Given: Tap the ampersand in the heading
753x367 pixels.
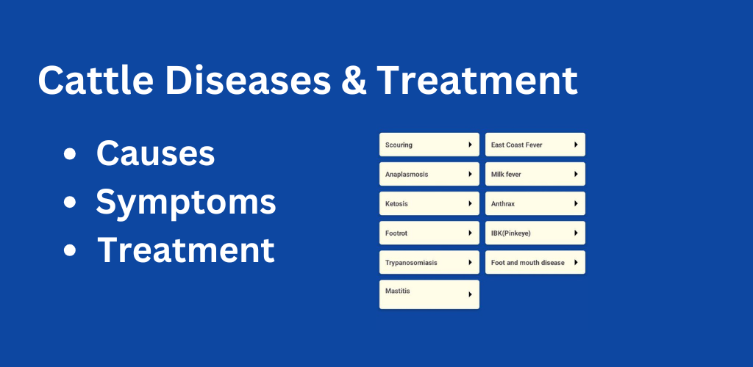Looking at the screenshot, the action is pyautogui.click(x=354, y=80).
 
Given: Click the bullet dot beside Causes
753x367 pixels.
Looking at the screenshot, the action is pyautogui.click(x=70, y=154).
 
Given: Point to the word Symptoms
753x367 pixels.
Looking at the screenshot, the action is pyautogui.click(x=186, y=203).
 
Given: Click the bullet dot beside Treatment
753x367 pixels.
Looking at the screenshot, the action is pyautogui.click(x=70, y=250).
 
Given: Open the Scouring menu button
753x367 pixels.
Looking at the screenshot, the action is pyautogui.click(x=429, y=145).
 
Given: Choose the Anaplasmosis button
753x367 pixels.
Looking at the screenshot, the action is pyautogui.click(x=429, y=174).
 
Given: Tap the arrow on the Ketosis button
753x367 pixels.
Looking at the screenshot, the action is pyautogui.click(x=470, y=203).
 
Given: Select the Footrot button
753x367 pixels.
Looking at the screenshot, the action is pyautogui.click(x=429, y=233).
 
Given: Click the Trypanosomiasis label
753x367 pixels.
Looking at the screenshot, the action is pyautogui.click(x=411, y=263).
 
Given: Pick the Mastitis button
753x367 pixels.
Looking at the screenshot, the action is pyautogui.click(x=429, y=294).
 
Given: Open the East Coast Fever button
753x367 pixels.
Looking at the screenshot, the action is pyautogui.click(x=535, y=145).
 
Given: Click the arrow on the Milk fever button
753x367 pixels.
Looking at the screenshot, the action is pyautogui.click(x=576, y=175).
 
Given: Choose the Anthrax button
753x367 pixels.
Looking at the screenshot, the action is pyautogui.click(x=535, y=203).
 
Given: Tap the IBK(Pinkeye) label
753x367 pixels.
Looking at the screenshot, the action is pyautogui.click(x=511, y=233).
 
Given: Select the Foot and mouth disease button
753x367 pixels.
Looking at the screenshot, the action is pyautogui.click(x=535, y=263).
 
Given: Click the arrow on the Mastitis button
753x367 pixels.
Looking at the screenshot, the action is pyautogui.click(x=470, y=294).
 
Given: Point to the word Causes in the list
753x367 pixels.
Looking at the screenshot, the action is pyautogui.click(x=156, y=154).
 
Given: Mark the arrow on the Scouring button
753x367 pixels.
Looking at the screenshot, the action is pyautogui.click(x=470, y=145).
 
